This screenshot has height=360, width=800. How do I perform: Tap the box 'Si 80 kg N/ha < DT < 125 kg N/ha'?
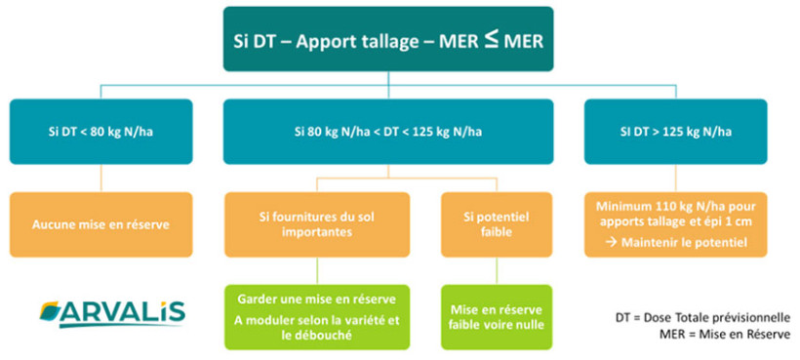tap(387, 130)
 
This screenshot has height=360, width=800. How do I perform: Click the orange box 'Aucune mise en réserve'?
tap(102, 224)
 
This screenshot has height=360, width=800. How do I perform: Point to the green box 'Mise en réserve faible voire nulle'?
tap(483, 316)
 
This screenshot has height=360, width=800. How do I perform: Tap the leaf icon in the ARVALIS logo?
tap(53, 313)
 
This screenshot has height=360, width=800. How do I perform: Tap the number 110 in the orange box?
tap(657, 207)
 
